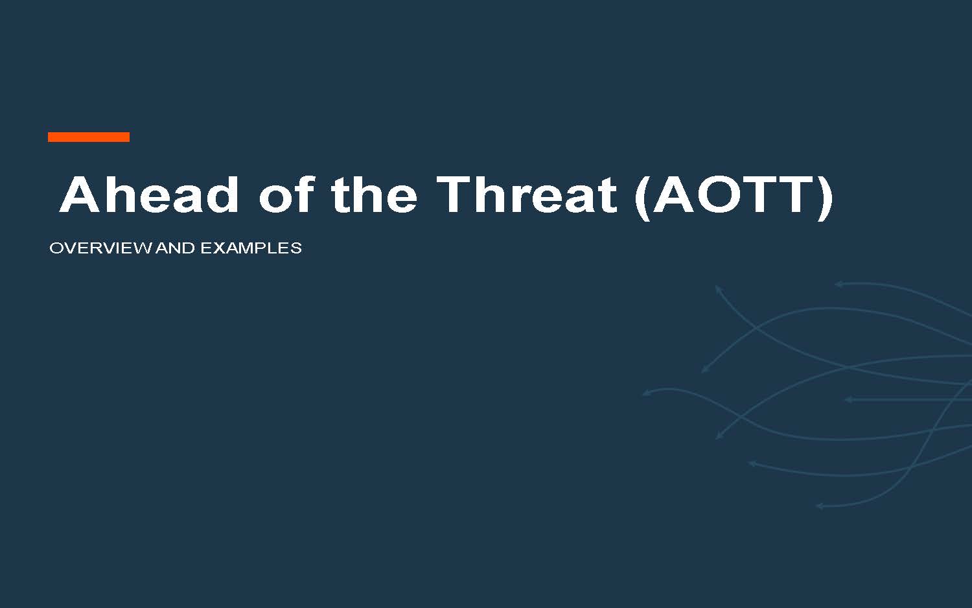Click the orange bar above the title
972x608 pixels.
click(89, 137)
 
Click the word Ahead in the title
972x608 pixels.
click(148, 195)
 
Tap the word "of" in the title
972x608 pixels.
click(286, 195)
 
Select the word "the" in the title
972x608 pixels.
click(374, 195)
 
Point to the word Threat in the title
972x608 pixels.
click(526, 195)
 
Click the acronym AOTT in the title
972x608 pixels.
click(734, 195)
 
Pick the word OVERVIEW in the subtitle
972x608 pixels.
click(100, 248)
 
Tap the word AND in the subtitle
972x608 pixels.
click(176, 248)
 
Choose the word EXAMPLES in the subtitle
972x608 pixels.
click(251, 248)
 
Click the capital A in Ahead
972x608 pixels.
click(81, 195)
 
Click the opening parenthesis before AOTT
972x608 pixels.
click(642, 198)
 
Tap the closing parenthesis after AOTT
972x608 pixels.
click(824, 198)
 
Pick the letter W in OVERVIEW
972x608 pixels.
click(142, 248)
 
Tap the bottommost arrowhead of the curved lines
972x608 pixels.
click(820, 506)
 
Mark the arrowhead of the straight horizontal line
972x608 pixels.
click(848, 399)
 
